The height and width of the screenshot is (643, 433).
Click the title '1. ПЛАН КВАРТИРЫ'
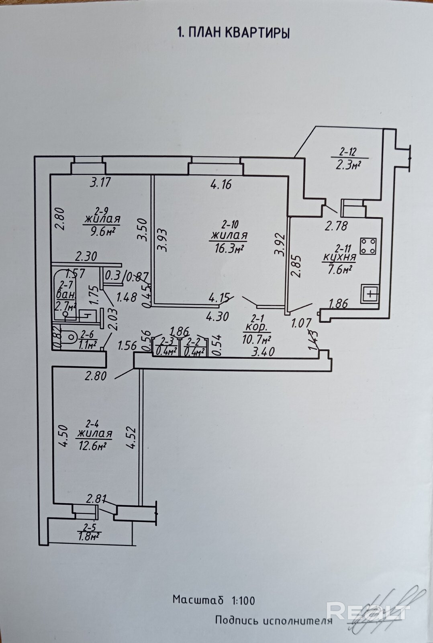coord(233,33)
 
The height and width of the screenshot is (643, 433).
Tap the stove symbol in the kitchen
coord(368,246)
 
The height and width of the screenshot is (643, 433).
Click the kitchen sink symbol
coord(370,294)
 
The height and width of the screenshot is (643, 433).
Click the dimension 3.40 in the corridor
coord(263,352)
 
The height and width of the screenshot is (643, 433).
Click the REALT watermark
coord(369,612)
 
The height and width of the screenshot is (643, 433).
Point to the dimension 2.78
coord(336,226)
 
